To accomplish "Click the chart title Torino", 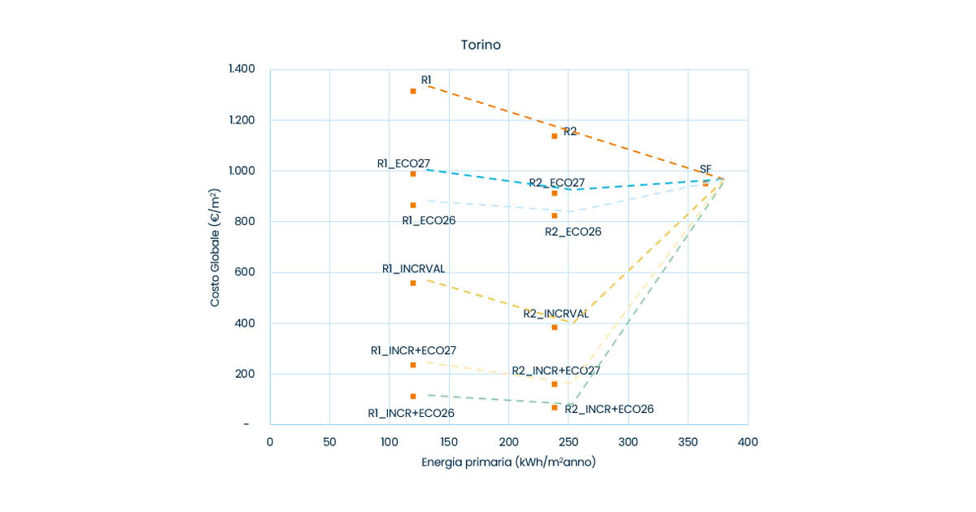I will click(x=481, y=45).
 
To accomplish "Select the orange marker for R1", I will click(x=413, y=91).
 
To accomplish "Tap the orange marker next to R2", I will click(x=555, y=136).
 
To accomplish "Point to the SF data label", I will click(x=705, y=169).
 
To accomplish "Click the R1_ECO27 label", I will click(x=403, y=163).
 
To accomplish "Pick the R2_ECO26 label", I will click(x=573, y=232).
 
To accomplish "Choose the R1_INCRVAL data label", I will click(x=414, y=269).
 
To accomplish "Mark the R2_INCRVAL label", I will click(x=556, y=314).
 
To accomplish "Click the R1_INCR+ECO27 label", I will click(x=413, y=350).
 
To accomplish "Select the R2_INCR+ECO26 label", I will click(x=609, y=409).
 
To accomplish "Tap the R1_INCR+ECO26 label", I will click(x=411, y=413).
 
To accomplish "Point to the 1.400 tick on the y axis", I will click(x=242, y=69).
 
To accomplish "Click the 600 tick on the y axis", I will click(x=245, y=272).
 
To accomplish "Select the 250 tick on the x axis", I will click(x=569, y=442).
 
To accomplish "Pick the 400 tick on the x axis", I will click(x=748, y=442).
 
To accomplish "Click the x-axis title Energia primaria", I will click(x=508, y=462).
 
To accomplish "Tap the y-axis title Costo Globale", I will click(x=216, y=247).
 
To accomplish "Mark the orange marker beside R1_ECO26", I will click(x=413, y=205).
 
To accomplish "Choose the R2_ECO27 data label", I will click(x=557, y=183).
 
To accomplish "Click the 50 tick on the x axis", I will click(x=329, y=442).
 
